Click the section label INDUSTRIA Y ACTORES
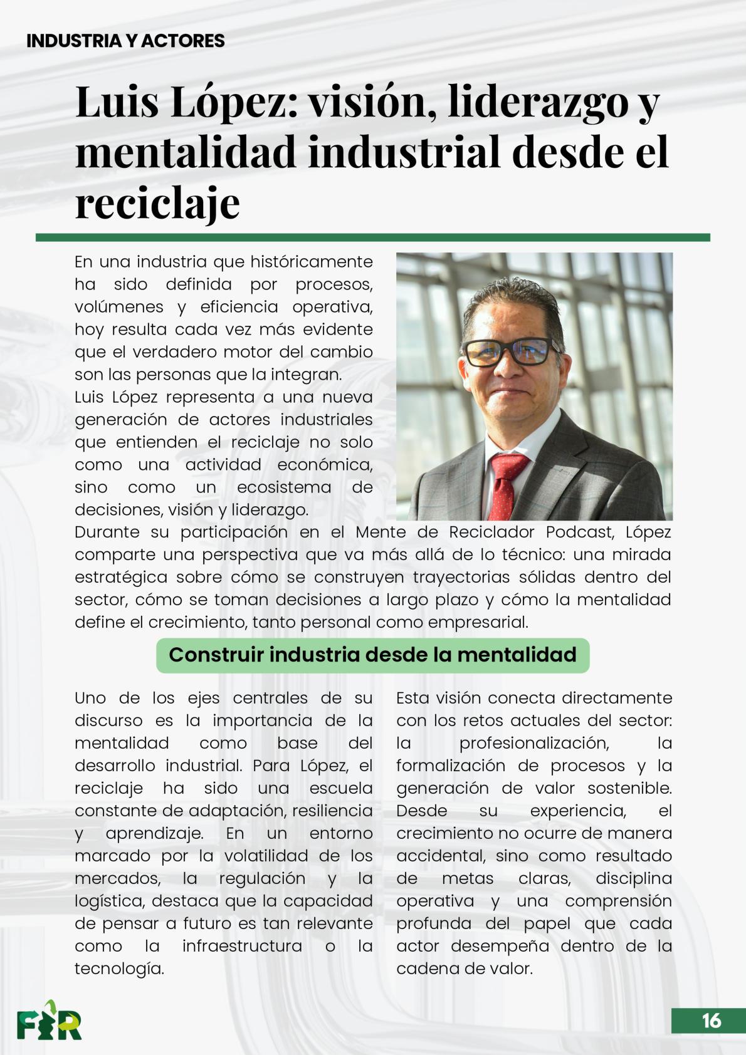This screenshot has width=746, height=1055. [125, 41]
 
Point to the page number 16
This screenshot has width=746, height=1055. [711, 1021]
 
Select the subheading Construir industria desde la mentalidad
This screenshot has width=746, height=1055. [372, 655]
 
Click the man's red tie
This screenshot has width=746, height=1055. [508, 482]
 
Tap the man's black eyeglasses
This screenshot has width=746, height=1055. [511, 351]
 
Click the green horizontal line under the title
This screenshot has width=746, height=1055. [372, 237]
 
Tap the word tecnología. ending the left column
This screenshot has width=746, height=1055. [119, 969]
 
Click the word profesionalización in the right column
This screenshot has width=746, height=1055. [534, 743]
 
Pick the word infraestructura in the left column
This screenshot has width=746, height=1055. [242, 946]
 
